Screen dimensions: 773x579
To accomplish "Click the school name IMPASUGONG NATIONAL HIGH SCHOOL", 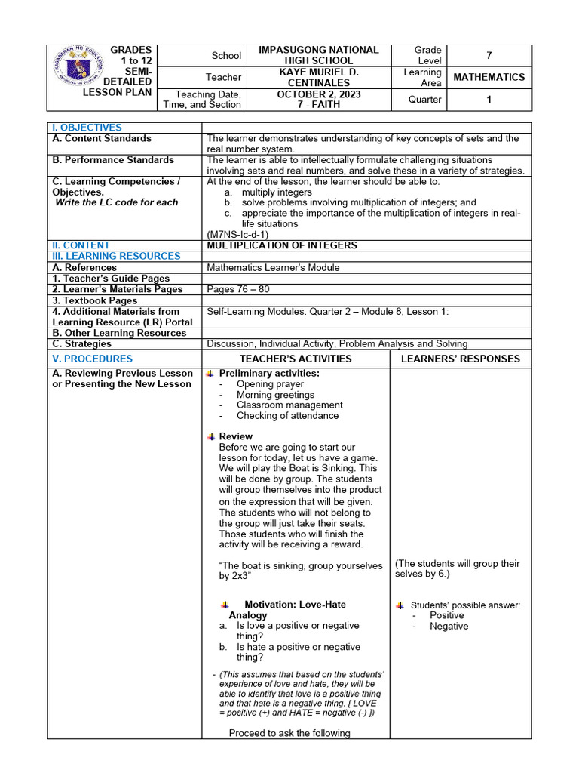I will tap(318, 55).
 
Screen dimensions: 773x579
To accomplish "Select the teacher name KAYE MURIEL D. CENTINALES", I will tap(318, 77).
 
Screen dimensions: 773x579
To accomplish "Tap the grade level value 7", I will tap(489, 55).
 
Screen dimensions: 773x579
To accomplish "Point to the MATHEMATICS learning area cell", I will tap(489, 77).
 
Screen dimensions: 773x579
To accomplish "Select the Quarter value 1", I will tap(489, 99).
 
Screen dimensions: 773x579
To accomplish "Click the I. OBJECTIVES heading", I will tap(86, 128).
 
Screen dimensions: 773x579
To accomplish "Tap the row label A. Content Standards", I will tap(101, 139).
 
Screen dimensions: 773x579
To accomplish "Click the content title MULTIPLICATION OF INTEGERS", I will tap(282, 245).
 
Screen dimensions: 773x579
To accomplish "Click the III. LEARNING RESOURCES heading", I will tap(116, 256).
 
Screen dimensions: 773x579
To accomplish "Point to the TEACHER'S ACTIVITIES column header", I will tap(296, 359).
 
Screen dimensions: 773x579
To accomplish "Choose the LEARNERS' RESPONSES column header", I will tap(460, 359).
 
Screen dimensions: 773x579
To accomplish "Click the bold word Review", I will tap(235, 436).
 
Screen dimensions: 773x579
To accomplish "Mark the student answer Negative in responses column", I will tap(449, 627).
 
